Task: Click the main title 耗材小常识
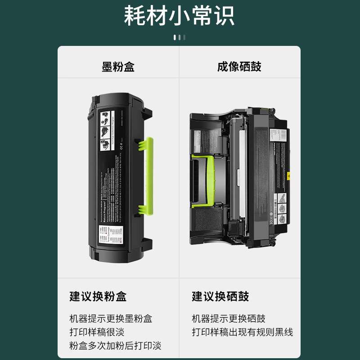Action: pyautogui.click(x=180, y=16)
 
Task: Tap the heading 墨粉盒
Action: pyautogui.click(x=118, y=67)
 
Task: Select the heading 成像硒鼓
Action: pyautogui.click(x=239, y=67)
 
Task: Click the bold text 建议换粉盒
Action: pyautogui.click(x=98, y=297)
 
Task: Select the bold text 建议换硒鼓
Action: pyautogui.click(x=220, y=297)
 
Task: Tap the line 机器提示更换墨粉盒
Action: pyautogui.click(x=111, y=319)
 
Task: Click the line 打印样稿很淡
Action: pyautogui.click(x=97, y=333)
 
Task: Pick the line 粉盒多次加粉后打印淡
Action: pyautogui.click(x=115, y=346)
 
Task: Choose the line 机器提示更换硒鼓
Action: pyautogui.click(x=229, y=319)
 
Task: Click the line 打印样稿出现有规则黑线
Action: pyautogui.click(x=242, y=333)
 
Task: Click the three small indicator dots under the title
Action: pyautogui.click(x=180, y=37)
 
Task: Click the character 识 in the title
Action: pyautogui.click(x=223, y=16)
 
